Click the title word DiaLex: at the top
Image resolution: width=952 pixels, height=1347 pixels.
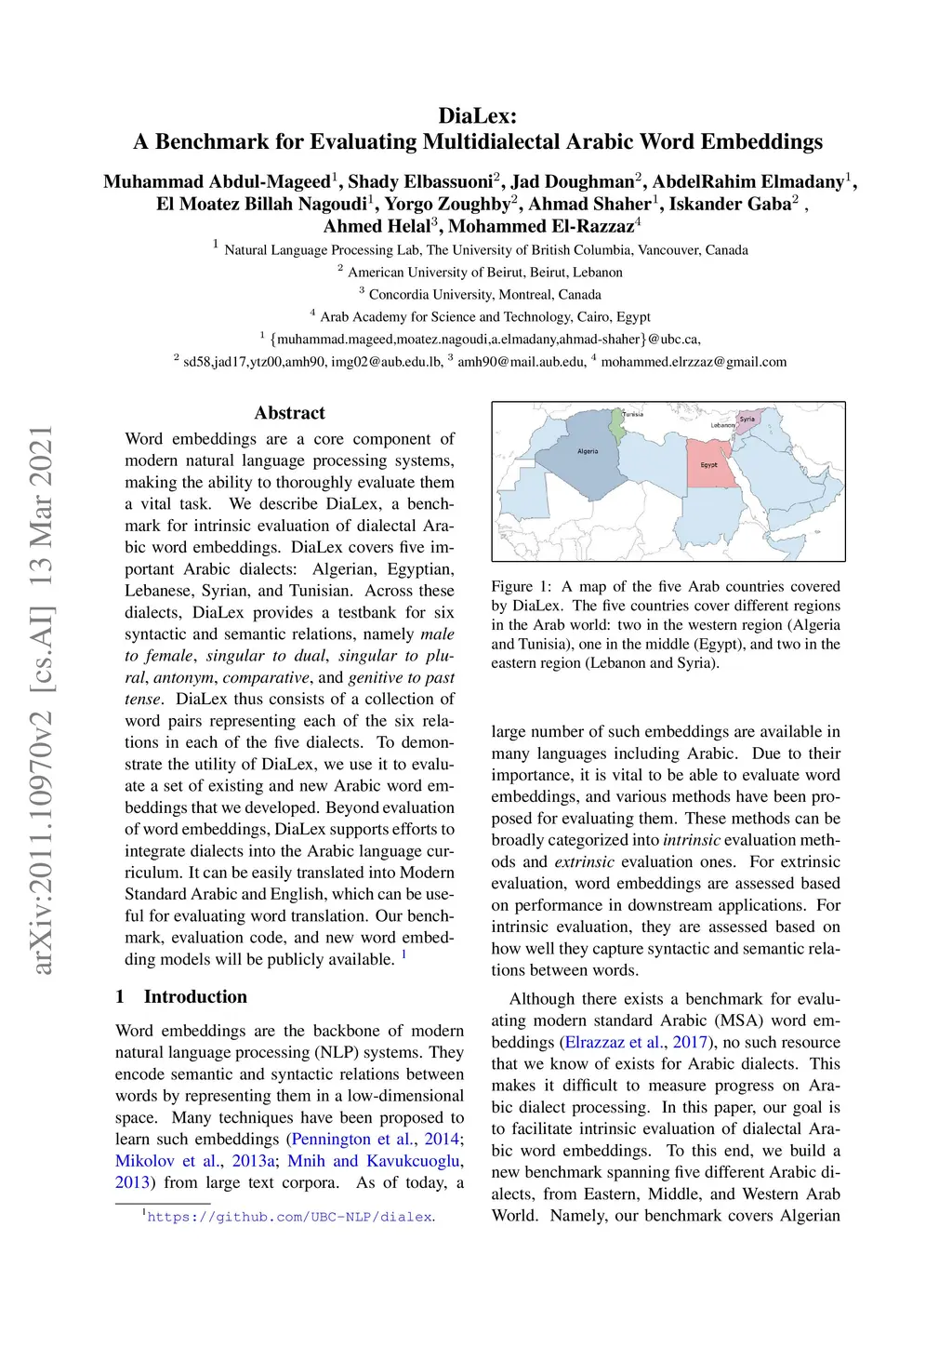point(477,116)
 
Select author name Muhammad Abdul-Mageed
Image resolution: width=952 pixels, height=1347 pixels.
point(217,182)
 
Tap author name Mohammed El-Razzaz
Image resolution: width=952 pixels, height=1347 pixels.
point(541,226)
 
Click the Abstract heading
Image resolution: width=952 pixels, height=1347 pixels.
point(289,413)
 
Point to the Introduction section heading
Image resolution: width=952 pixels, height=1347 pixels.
point(195,997)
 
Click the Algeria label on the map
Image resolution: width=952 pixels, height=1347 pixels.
point(588,451)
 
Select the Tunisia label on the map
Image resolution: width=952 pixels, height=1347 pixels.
point(633,414)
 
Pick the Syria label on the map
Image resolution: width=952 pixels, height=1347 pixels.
point(747,420)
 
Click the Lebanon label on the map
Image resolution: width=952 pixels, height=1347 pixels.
point(722,426)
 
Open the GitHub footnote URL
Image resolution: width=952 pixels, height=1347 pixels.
point(289,1217)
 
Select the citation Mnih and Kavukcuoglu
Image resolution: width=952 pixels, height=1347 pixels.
point(374,1161)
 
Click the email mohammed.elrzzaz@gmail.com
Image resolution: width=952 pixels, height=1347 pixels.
point(694,362)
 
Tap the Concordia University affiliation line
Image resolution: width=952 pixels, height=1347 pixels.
point(484,295)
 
